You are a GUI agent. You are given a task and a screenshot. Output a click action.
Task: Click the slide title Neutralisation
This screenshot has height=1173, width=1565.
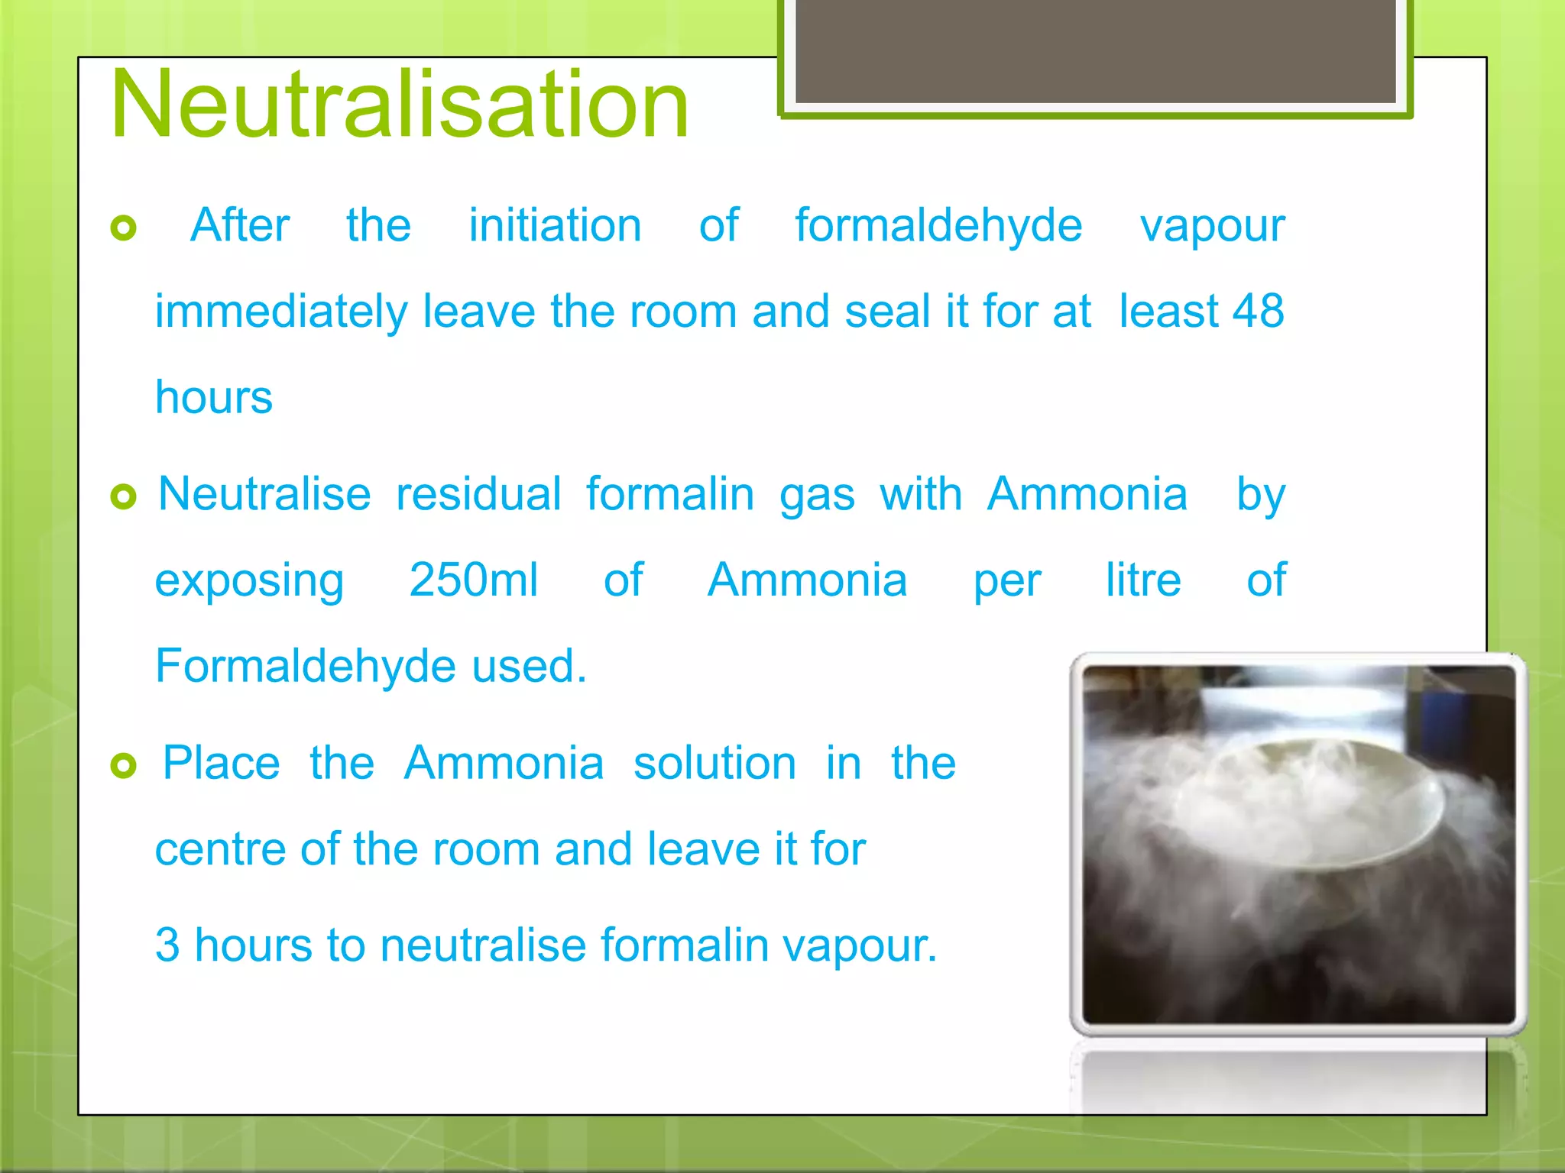(x=400, y=105)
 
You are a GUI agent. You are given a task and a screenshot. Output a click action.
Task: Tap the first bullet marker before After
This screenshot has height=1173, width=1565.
(x=123, y=227)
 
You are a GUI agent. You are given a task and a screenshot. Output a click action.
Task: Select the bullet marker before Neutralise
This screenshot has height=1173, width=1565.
(x=123, y=496)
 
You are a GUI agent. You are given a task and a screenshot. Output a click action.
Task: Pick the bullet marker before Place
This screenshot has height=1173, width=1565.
(x=123, y=764)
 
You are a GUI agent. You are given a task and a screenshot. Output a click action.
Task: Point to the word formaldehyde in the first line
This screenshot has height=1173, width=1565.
(x=938, y=226)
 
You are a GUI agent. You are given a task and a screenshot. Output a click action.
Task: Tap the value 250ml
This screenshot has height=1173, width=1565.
(x=473, y=580)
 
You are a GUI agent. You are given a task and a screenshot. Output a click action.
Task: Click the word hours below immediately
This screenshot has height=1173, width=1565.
(x=214, y=397)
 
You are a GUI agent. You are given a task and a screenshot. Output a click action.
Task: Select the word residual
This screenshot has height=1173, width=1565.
(x=478, y=494)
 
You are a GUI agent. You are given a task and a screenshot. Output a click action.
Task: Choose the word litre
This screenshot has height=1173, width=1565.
(x=1143, y=580)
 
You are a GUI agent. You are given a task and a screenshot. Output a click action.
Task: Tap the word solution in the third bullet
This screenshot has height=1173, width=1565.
(x=714, y=763)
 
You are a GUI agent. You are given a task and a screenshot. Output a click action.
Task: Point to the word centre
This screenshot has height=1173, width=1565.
(x=220, y=849)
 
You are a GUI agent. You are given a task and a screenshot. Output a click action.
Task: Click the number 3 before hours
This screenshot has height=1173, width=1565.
(x=167, y=945)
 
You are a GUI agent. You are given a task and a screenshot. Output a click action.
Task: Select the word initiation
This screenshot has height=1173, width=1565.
(x=555, y=226)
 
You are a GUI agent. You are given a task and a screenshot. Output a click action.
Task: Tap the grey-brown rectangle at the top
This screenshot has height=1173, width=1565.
(x=1095, y=50)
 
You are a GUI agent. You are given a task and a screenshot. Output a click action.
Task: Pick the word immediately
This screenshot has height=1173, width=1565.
(x=281, y=312)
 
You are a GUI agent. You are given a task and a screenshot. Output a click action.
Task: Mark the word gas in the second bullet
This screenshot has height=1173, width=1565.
(x=817, y=496)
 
